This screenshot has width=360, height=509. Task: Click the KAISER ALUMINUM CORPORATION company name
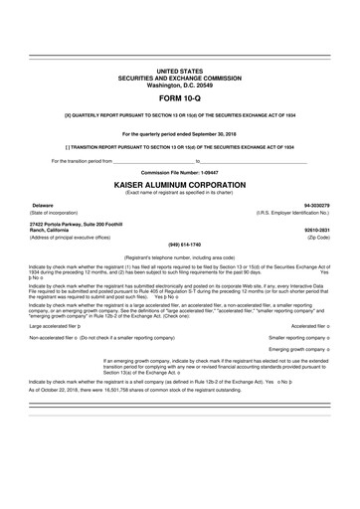(179, 185)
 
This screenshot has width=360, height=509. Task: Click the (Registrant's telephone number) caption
(179, 255)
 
